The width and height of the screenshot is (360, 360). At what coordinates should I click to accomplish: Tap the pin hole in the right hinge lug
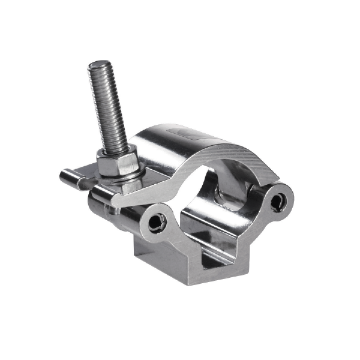pyautogui.click(x=277, y=202)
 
